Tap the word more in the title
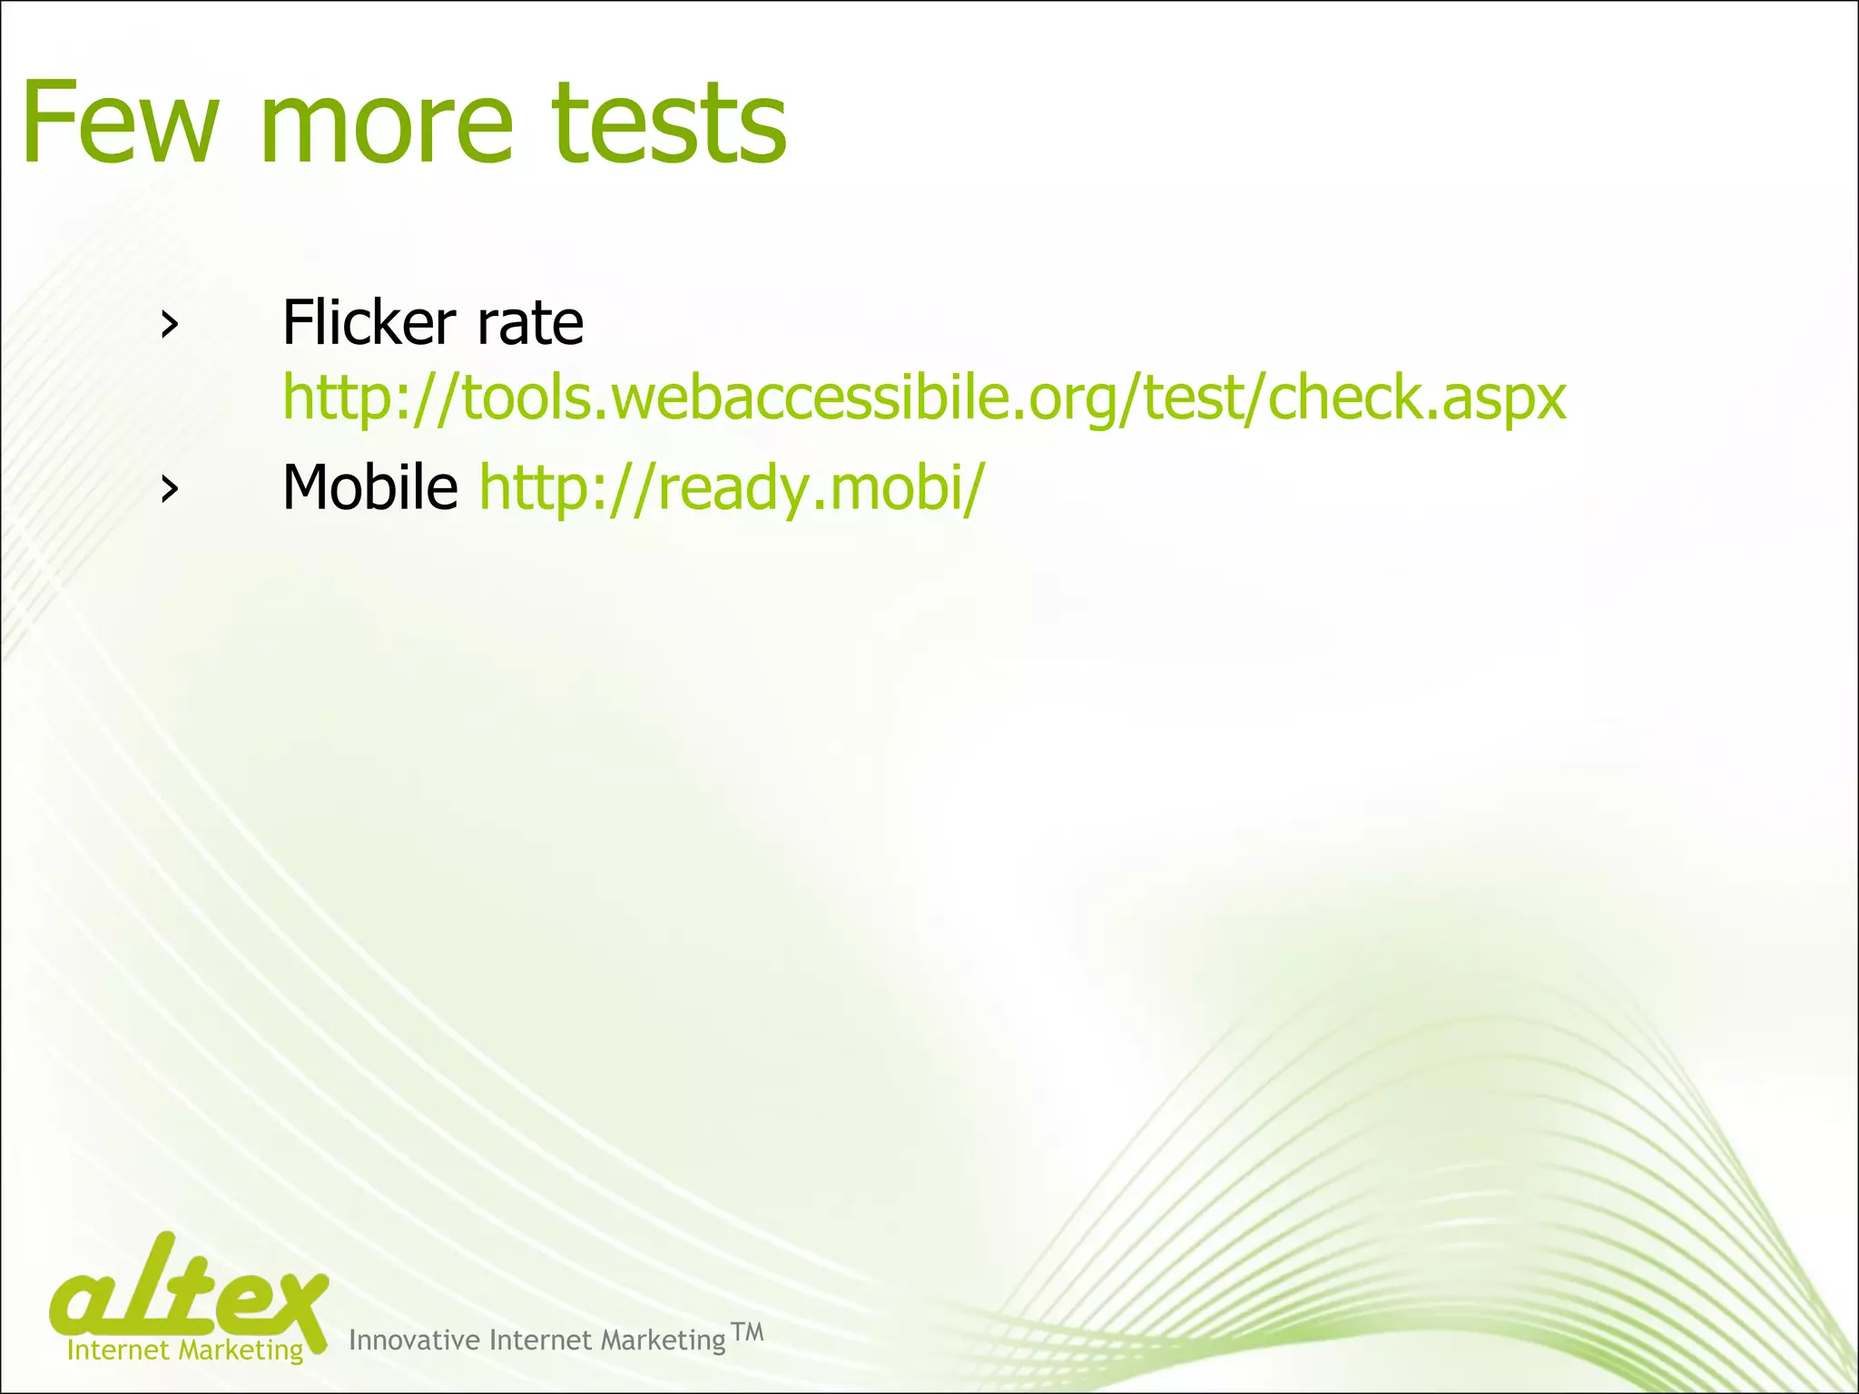pos(387,124)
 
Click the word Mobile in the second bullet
pos(370,487)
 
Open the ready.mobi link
pos(731,489)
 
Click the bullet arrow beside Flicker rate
pos(168,324)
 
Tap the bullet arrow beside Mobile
pos(168,489)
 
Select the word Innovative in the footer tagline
pos(414,1340)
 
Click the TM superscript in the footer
pos(747,1332)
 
